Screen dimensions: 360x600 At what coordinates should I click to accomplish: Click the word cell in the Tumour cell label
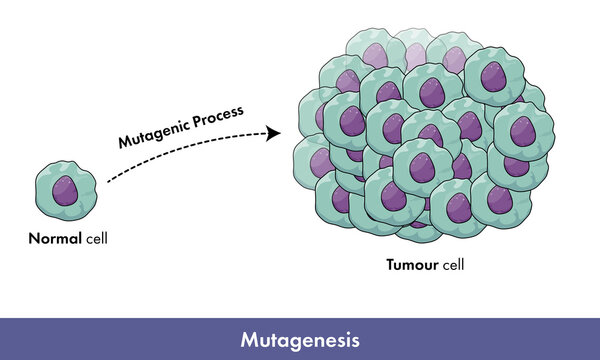(449, 267)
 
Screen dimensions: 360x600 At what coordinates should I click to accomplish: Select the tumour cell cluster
(420, 140)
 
